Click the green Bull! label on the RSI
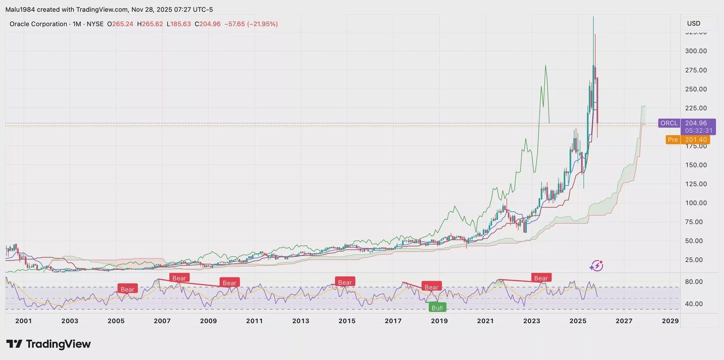coord(437,307)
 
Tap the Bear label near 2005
coord(127,289)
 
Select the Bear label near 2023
coord(540,278)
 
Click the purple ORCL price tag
coord(669,123)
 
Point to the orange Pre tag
coord(672,140)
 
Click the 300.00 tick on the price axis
coord(696,51)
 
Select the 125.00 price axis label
coord(696,184)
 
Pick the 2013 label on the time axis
coord(301,321)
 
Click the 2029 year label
coord(670,321)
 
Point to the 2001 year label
coord(24,321)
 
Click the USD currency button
coord(694,23)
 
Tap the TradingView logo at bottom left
coord(48,344)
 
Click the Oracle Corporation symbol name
coord(38,24)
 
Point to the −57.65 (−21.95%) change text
coord(251,24)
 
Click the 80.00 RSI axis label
coord(694,282)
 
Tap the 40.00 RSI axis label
coord(694,304)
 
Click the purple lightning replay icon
coord(596,265)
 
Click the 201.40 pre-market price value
coord(696,140)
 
